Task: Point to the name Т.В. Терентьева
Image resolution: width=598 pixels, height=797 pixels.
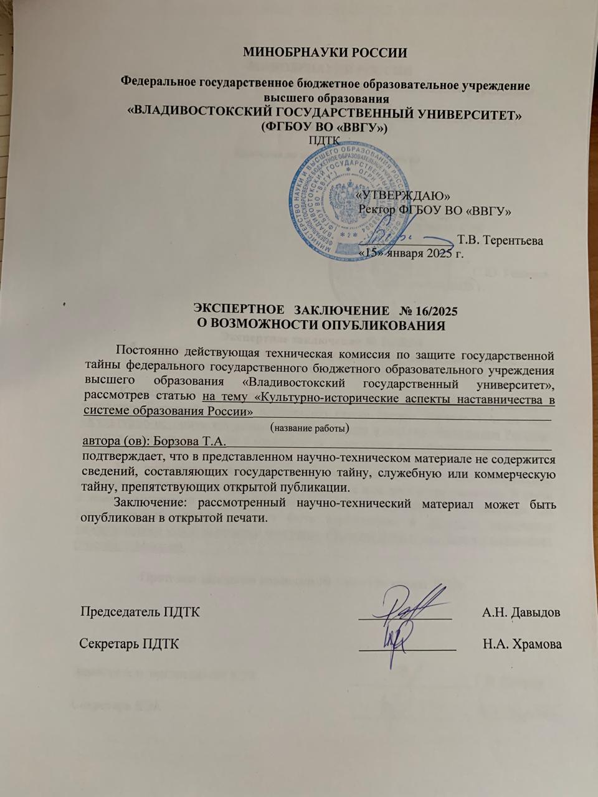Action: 500,240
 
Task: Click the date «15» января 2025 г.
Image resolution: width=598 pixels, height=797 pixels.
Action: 411,254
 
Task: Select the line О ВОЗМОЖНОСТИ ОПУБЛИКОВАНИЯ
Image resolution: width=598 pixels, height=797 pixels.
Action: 320,324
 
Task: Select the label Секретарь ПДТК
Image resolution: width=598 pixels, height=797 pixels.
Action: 130,644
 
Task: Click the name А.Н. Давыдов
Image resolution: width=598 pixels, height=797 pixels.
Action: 521,611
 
